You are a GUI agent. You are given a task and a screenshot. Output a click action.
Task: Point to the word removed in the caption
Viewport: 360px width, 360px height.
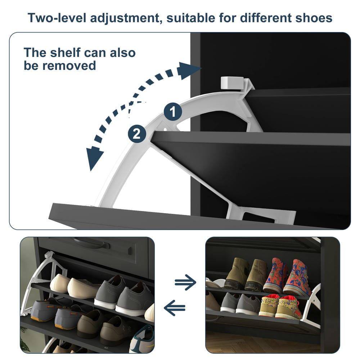pyautogui.click(x=70, y=66)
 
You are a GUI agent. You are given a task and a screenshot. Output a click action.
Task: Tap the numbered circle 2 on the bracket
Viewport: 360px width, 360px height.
pyautogui.click(x=137, y=134)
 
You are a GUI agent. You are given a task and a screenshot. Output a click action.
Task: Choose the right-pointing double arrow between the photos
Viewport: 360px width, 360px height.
pyautogui.click(x=185, y=282)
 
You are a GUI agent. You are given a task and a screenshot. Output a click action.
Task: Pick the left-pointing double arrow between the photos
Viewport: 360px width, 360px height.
pyautogui.click(x=175, y=308)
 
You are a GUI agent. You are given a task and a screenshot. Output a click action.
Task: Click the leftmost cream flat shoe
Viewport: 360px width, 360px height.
pyautogui.click(x=59, y=283)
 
